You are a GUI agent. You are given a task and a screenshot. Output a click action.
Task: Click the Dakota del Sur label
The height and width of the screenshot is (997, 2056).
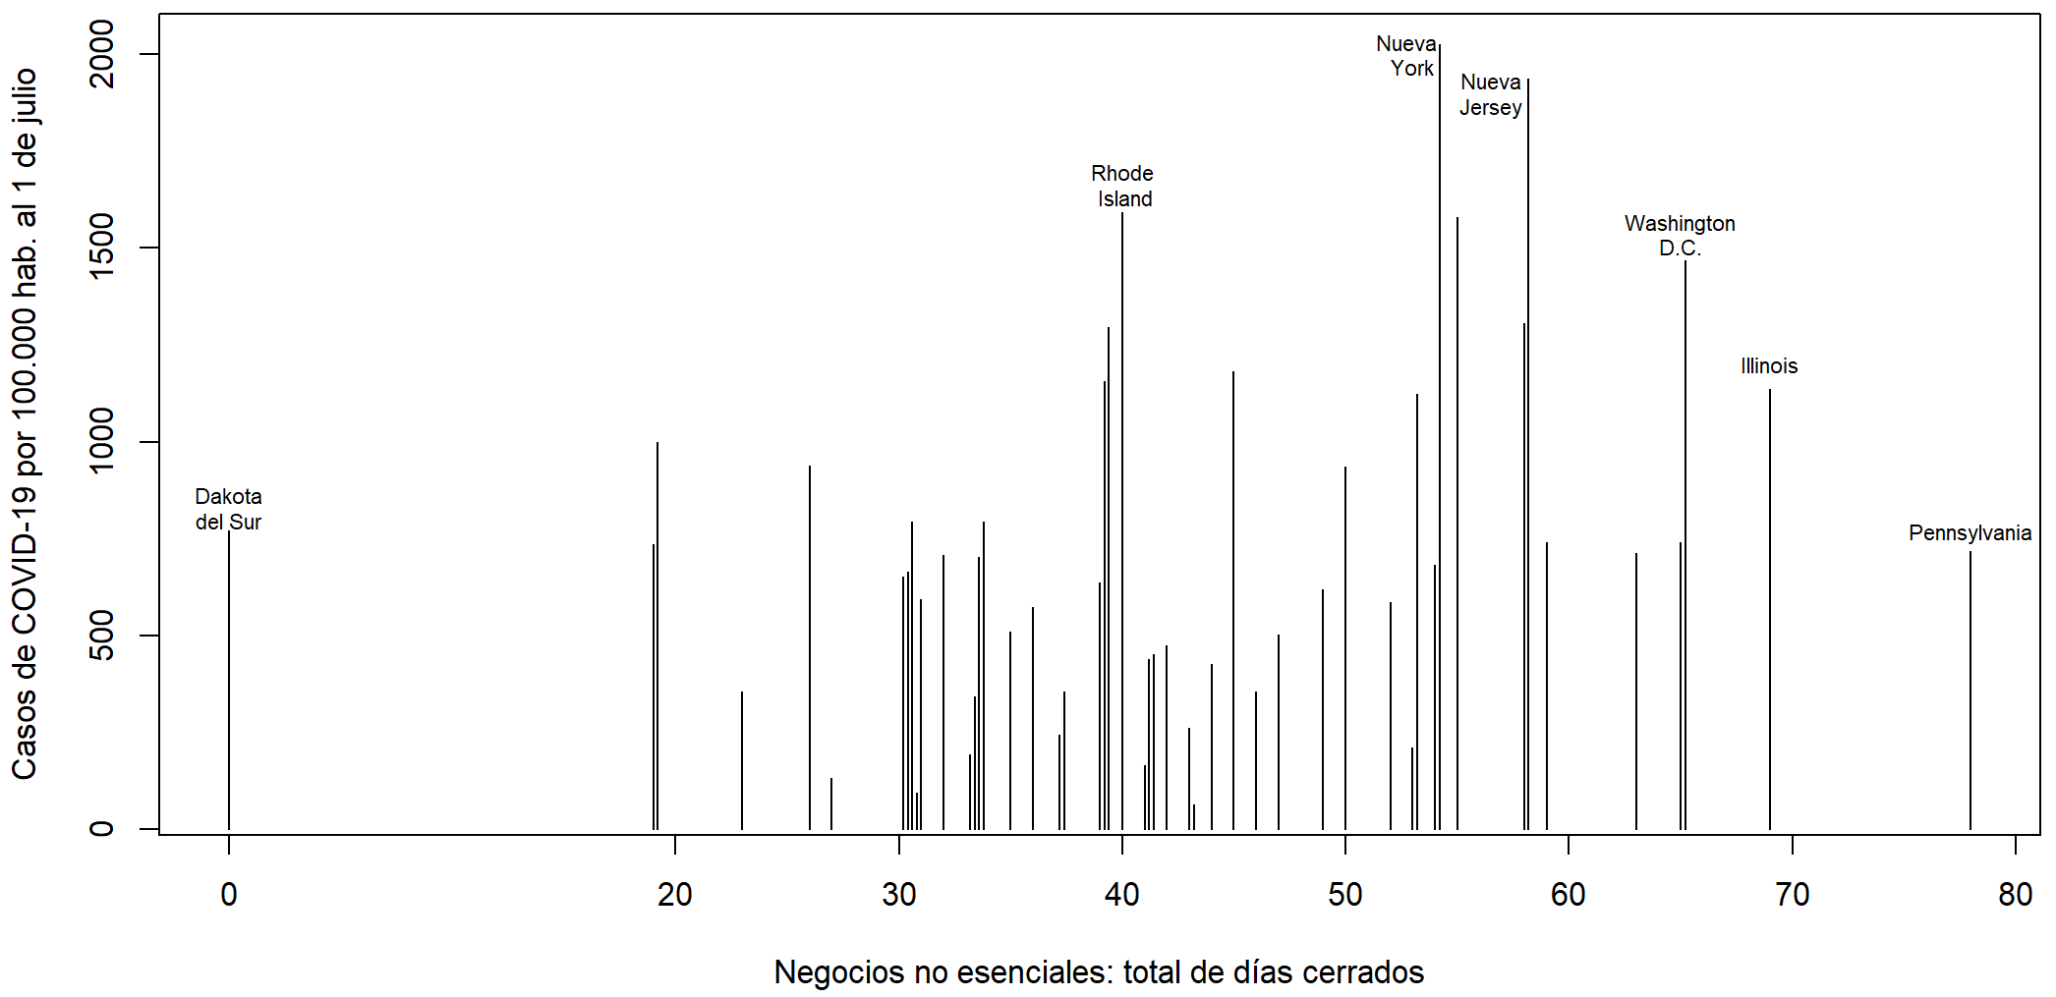(x=228, y=509)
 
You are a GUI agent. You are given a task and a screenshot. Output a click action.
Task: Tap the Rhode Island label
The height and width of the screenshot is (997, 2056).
(x=1122, y=186)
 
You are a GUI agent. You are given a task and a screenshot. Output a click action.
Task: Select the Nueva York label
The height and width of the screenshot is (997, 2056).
(x=1407, y=56)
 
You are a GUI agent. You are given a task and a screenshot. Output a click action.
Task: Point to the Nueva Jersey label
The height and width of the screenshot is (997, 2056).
(x=1491, y=94)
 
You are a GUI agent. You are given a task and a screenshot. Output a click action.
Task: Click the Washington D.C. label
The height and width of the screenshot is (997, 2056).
(x=1680, y=236)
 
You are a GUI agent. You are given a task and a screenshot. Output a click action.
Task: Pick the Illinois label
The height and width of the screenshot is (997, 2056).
(x=1769, y=366)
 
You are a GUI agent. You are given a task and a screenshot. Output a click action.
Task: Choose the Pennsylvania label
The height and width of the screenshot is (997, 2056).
(x=1970, y=533)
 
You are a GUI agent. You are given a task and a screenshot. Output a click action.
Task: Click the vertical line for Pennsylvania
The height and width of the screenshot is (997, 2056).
(x=1970, y=688)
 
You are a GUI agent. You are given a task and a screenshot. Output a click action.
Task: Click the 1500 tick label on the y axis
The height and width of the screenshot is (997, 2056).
(x=102, y=248)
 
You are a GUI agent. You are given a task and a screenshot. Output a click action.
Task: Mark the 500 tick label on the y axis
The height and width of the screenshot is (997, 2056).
(x=102, y=636)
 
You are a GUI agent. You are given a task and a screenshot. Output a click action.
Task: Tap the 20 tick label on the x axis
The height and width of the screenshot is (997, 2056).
(x=675, y=894)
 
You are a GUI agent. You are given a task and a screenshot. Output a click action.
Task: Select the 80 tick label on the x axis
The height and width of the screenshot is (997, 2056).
(x=2015, y=894)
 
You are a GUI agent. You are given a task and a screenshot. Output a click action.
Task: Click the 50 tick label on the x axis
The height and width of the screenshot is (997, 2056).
(x=1345, y=894)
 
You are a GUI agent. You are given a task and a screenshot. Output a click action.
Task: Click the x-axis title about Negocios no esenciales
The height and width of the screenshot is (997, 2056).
(x=1099, y=971)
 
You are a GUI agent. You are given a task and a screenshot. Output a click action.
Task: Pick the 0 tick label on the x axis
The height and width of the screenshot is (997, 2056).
(x=229, y=894)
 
